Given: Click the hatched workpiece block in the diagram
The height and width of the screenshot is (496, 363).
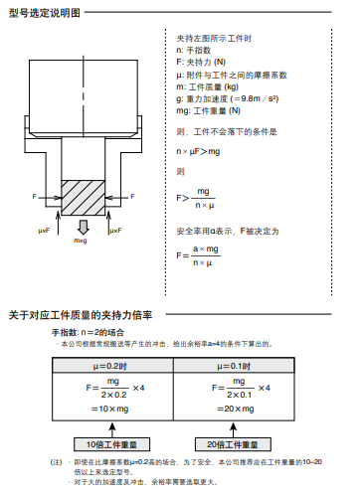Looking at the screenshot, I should (x=82, y=197).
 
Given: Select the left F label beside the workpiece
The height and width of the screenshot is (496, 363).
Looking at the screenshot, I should (x=34, y=196).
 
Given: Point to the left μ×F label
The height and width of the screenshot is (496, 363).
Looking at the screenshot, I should (x=45, y=231).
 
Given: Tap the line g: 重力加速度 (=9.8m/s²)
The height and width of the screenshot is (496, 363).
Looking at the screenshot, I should (x=223, y=99).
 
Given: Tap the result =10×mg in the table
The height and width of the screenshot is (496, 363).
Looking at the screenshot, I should (x=108, y=410).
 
